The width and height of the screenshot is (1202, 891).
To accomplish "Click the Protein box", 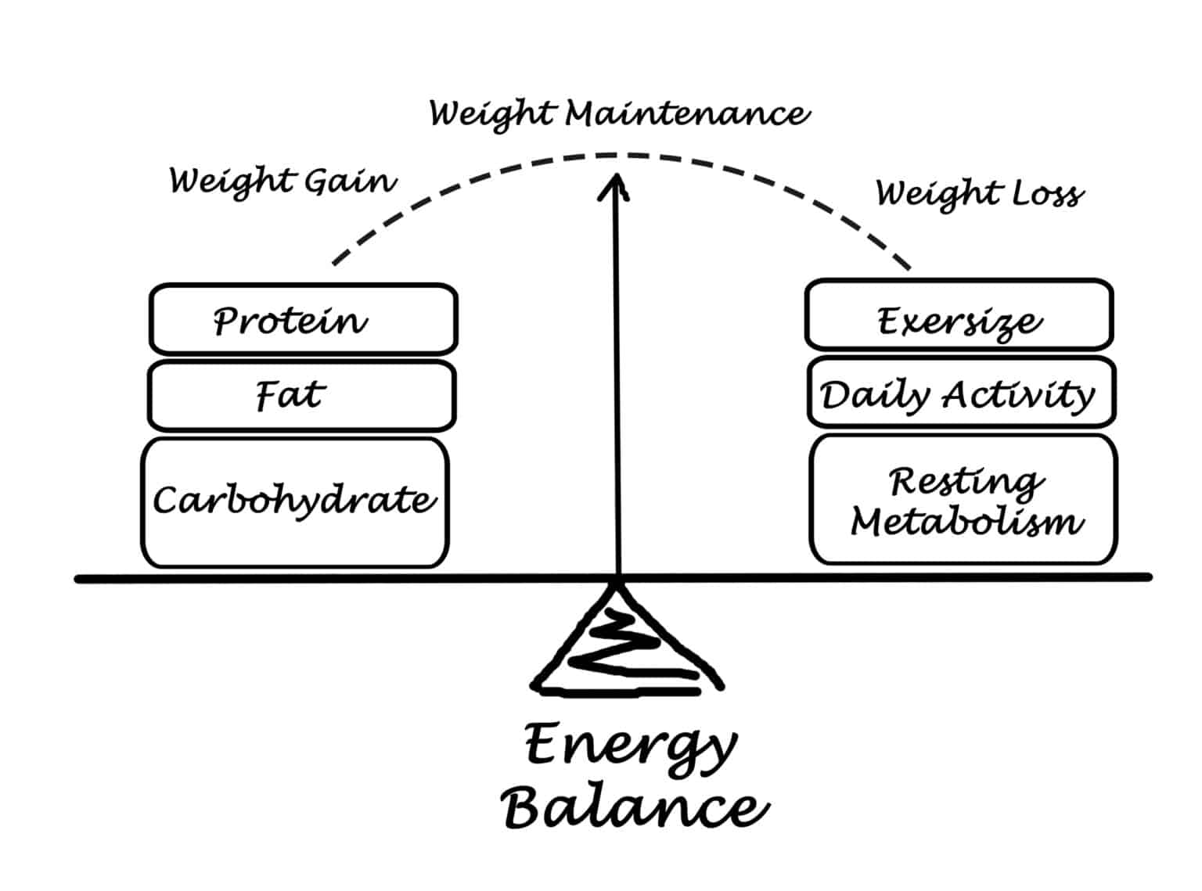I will point(303,319).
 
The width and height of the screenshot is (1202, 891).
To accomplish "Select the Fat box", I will point(301,395).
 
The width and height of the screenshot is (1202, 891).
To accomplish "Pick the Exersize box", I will point(959,314).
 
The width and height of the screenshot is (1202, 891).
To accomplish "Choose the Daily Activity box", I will point(961,392).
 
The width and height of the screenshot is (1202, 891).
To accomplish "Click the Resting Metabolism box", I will point(963,499).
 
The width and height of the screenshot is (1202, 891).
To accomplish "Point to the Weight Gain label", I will point(283,181).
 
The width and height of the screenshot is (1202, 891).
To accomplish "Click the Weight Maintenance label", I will point(619,114).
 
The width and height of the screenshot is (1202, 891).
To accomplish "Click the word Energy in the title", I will point(631,747).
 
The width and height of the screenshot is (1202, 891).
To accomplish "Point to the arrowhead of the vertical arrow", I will point(614,185).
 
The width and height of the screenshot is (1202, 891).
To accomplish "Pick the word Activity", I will point(1017,395).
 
